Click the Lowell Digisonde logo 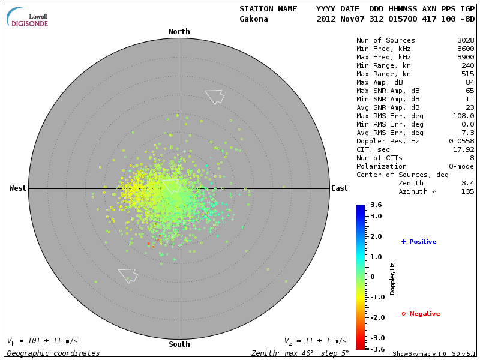click(28, 17)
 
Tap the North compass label click(179, 32)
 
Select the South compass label click(179, 344)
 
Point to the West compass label click(18, 188)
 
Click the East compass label click(340, 188)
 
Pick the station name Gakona click(254, 19)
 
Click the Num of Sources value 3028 click(465, 41)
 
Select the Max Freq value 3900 click(465, 58)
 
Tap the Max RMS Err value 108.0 click(463, 116)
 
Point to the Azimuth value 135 click(467, 191)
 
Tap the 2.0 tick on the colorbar click(376, 237)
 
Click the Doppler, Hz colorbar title click(393, 279)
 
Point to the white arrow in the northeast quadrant click(214, 96)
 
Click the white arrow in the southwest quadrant click(128, 275)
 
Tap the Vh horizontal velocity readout click(42, 341)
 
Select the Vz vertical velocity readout click(315, 341)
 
